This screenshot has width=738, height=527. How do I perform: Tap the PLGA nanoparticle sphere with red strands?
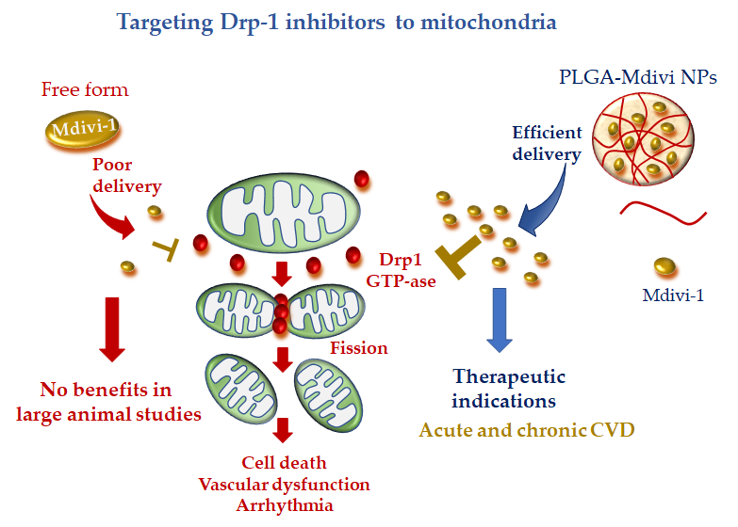pos(643,138)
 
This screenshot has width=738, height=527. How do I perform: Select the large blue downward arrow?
pos(499,320)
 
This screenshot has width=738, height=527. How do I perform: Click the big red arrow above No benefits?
pos(112,329)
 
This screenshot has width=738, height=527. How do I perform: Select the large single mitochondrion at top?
pos(284,212)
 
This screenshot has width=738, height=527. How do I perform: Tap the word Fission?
pos(359,348)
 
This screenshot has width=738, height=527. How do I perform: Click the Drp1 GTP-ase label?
pos(401,270)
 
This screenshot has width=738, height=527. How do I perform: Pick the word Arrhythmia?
pos(285,505)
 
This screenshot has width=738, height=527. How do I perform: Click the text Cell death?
pos(284,463)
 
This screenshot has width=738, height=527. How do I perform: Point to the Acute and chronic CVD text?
pos(527,430)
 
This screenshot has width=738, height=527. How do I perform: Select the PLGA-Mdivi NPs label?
pos(638,77)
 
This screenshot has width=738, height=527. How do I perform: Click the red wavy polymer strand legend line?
pos(663,213)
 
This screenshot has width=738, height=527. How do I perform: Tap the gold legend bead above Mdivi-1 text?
pos(665,266)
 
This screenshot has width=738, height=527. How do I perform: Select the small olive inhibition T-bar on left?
pos(167,249)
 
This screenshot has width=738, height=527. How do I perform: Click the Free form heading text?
pos(85,89)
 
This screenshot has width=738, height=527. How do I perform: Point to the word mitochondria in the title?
pos(488,22)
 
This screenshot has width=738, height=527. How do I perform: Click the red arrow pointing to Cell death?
pos(283,430)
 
